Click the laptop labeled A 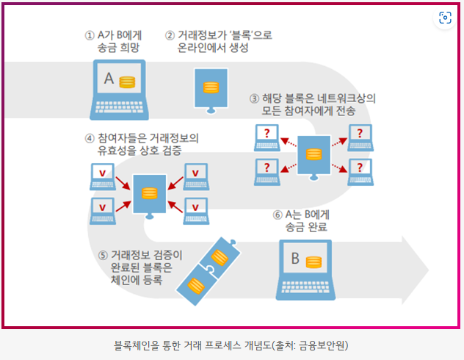[118, 89]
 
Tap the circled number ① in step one [90, 34]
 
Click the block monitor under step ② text [211, 88]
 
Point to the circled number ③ [254, 98]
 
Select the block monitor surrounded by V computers [150, 192]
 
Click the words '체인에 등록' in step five [137, 281]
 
